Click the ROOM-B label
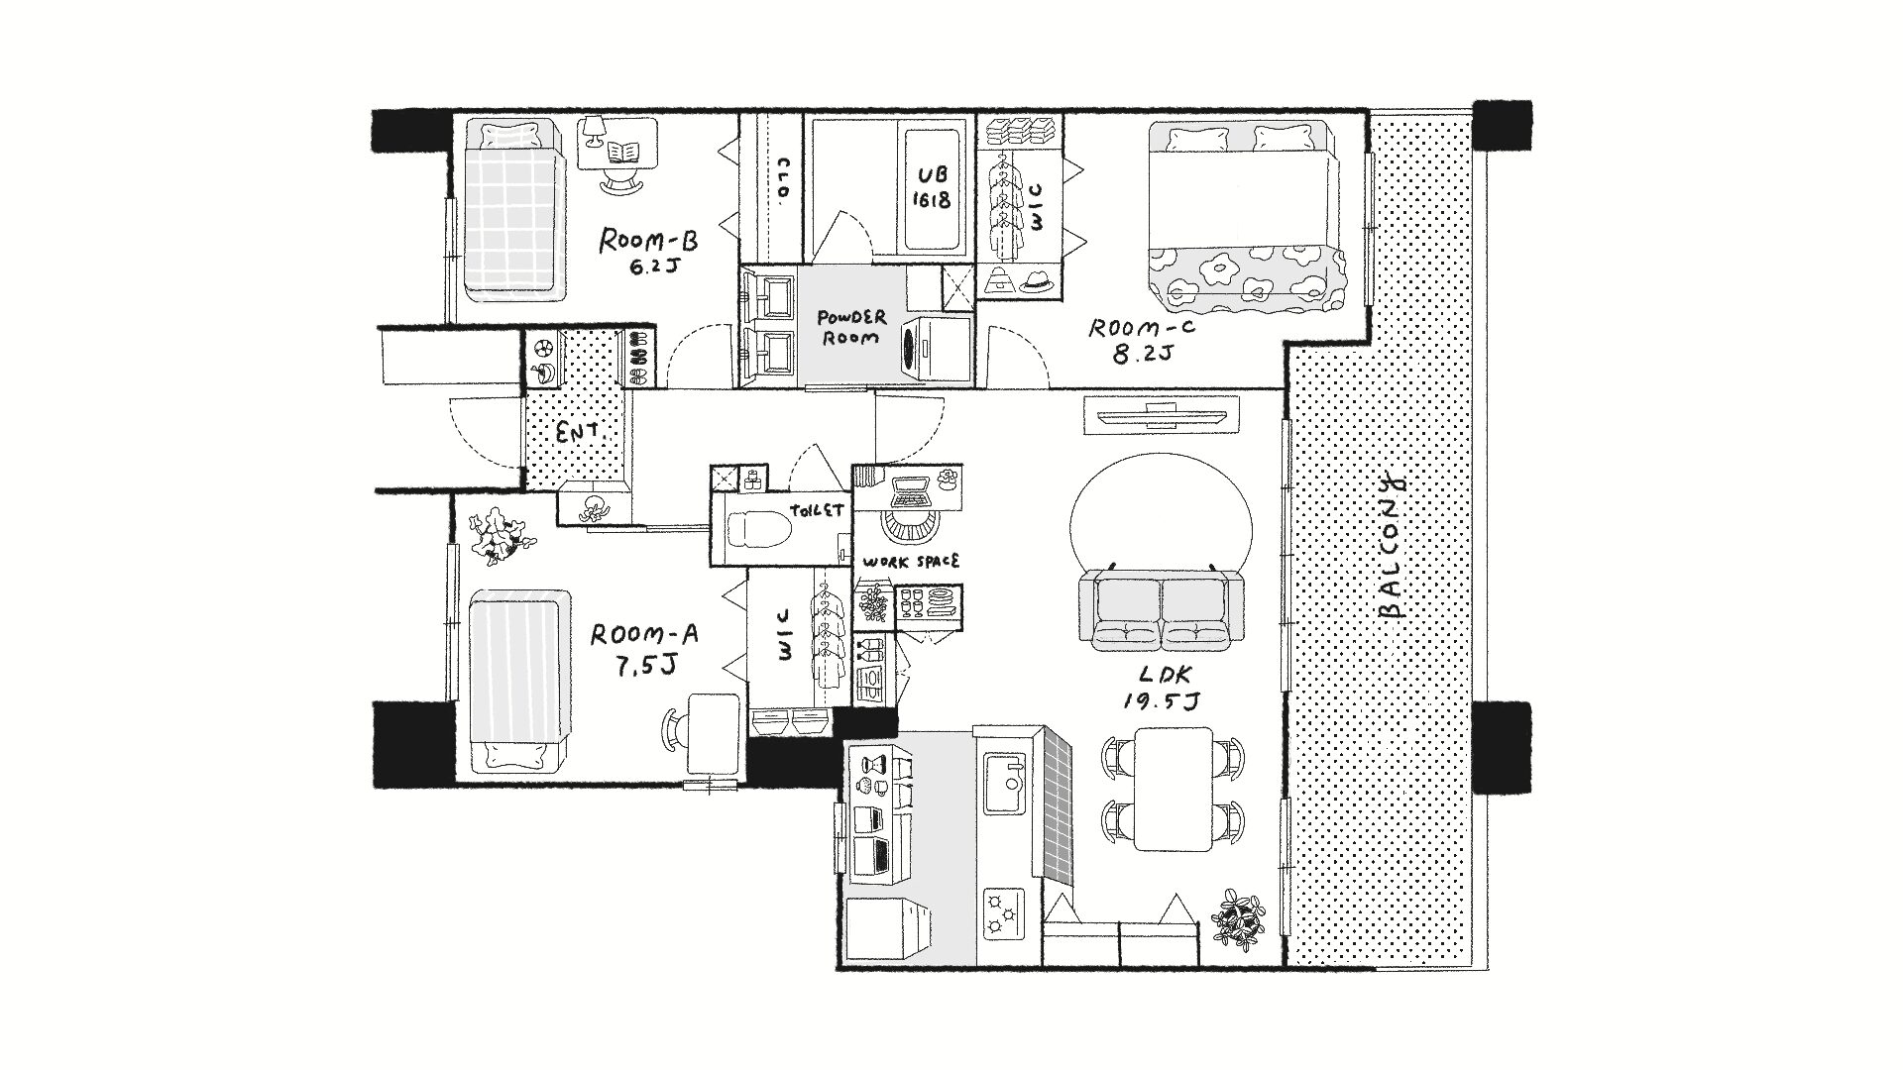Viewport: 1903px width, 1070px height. pyautogui.click(x=650, y=241)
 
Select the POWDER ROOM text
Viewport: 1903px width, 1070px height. pyautogui.click(x=851, y=327)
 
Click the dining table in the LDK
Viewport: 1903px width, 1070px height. pyautogui.click(x=1174, y=789)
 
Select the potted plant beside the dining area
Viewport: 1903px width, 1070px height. pyautogui.click(x=1240, y=919)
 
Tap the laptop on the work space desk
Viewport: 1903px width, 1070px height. pyautogui.click(x=912, y=492)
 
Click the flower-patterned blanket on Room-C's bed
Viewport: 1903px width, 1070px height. pyautogui.click(x=1250, y=273)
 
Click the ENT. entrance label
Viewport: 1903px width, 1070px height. pyautogui.click(x=575, y=434)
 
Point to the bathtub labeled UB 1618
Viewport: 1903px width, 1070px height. pyautogui.click(x=934, y=187)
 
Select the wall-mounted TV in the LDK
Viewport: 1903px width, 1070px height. pyautogui.click(x=1161, y=414)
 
